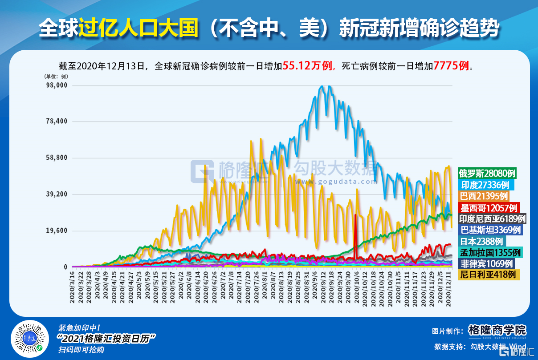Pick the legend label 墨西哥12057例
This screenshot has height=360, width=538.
488,207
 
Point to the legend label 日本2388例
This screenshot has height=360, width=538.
481,241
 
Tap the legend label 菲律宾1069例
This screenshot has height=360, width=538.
487,263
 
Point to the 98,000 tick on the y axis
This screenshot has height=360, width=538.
57,85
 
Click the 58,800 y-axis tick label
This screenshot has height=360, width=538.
57,158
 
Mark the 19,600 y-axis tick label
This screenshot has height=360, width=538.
57,231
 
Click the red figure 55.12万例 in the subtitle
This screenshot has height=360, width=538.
308,66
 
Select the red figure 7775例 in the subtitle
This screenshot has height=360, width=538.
451,66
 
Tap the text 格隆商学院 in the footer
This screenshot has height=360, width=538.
497,331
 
